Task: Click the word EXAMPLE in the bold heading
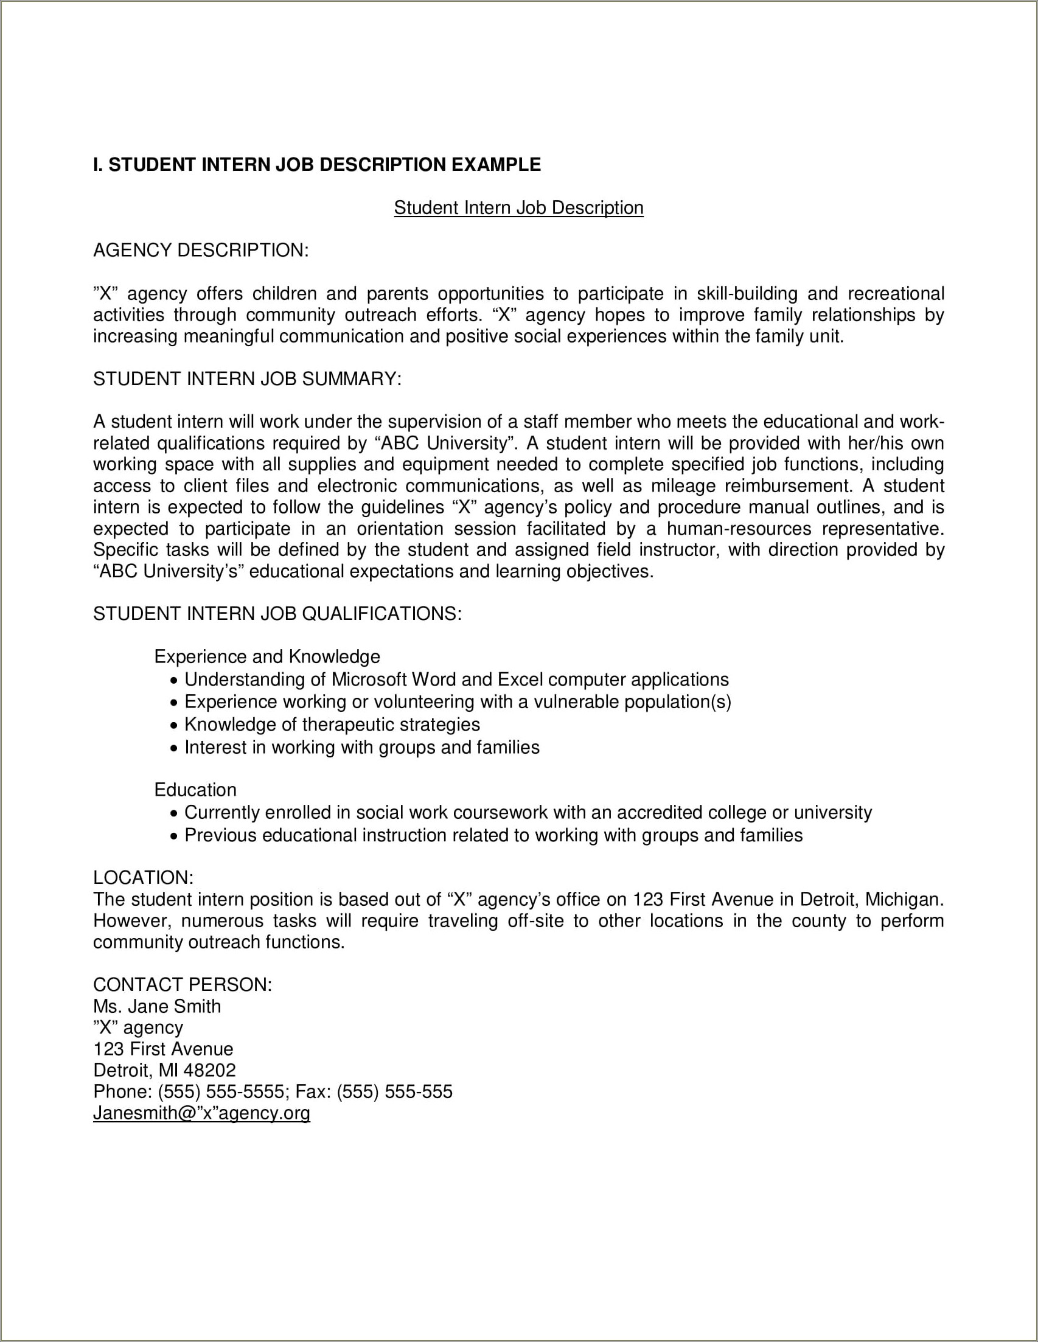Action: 496,165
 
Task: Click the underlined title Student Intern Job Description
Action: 518,207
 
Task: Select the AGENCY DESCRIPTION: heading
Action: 200,250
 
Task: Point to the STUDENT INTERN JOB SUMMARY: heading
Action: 247,378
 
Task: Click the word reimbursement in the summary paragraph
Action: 789,486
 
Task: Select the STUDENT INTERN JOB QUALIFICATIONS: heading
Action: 277,613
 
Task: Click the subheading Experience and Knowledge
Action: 266,657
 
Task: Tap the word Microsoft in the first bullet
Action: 369,680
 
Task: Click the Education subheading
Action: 195,790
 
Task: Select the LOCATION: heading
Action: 143,877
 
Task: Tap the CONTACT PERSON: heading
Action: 182,984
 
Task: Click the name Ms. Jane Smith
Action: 157,1006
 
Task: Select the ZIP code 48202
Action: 209,1070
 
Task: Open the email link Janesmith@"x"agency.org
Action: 201,1113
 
